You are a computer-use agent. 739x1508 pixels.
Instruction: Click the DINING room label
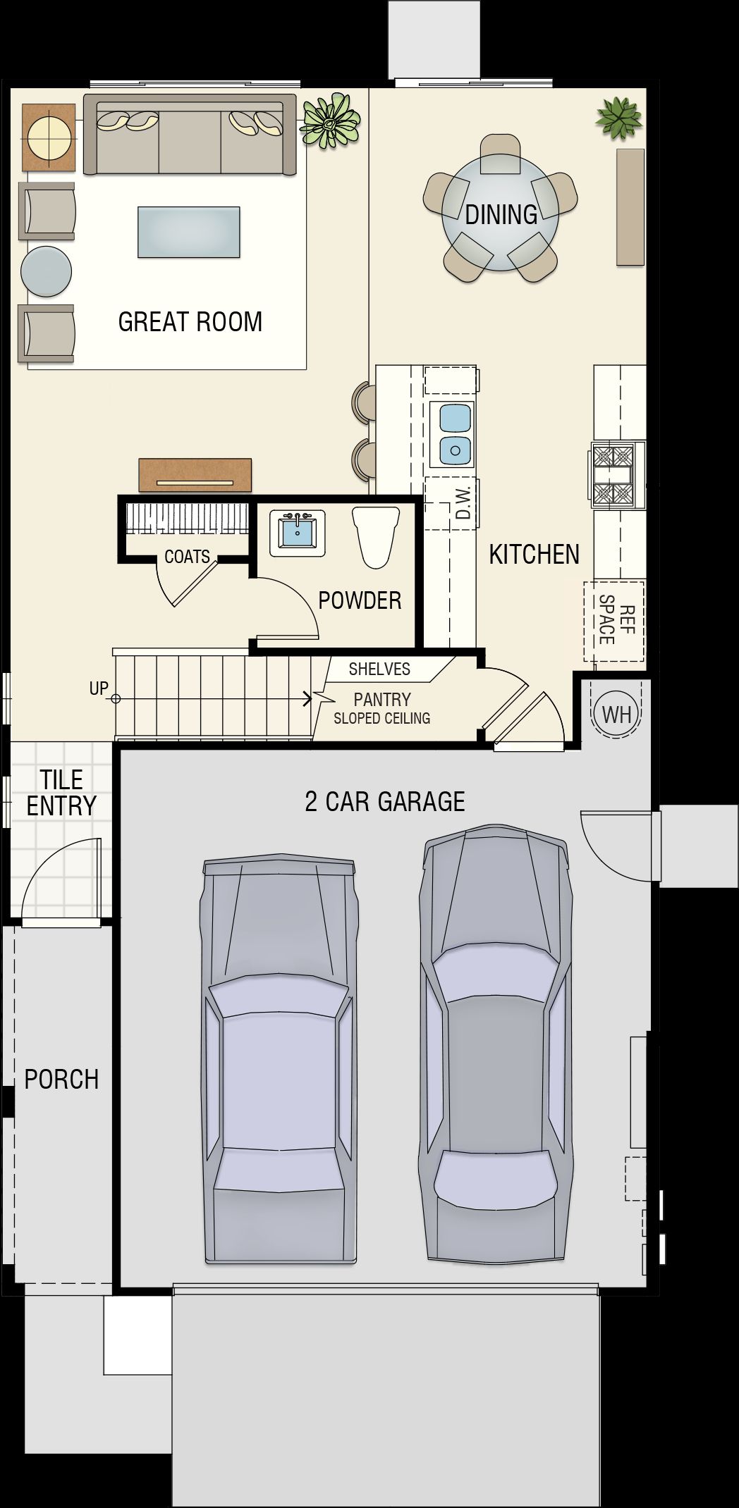point(501,214)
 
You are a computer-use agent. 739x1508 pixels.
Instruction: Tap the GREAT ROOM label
point(190,321)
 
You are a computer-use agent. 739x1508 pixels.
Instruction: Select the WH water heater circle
point(617,715)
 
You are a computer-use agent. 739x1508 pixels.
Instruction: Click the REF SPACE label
point(616,620)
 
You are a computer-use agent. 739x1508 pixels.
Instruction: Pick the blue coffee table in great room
point(189,232)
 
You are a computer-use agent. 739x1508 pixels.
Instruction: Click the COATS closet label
point(187,557)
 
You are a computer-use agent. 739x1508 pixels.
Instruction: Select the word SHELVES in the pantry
point(379,669)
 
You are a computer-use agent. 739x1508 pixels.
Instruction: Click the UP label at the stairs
point(99,688)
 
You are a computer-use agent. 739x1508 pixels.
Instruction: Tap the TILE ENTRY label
point(61,793)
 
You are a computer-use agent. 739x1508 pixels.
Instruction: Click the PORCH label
point(61,1080)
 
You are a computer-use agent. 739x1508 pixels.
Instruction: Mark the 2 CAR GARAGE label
point(385,801)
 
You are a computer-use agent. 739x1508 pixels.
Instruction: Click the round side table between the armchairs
point(47,271)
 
